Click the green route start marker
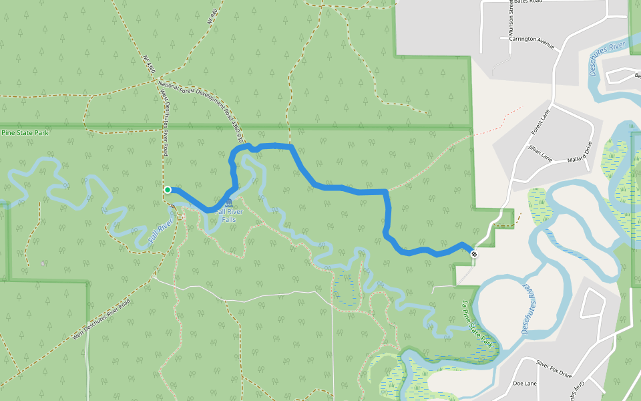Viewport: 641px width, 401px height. [x=168, y=190]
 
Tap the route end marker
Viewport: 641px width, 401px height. [x=474, y=254]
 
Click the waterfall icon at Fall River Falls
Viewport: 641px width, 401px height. [x=229, y=202]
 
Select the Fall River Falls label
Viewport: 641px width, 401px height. [x=229, y=215]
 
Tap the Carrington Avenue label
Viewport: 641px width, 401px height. [x=532, y=43]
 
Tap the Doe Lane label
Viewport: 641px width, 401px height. [x=525, y=384]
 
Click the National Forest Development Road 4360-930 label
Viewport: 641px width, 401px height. [x=199, y=104]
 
